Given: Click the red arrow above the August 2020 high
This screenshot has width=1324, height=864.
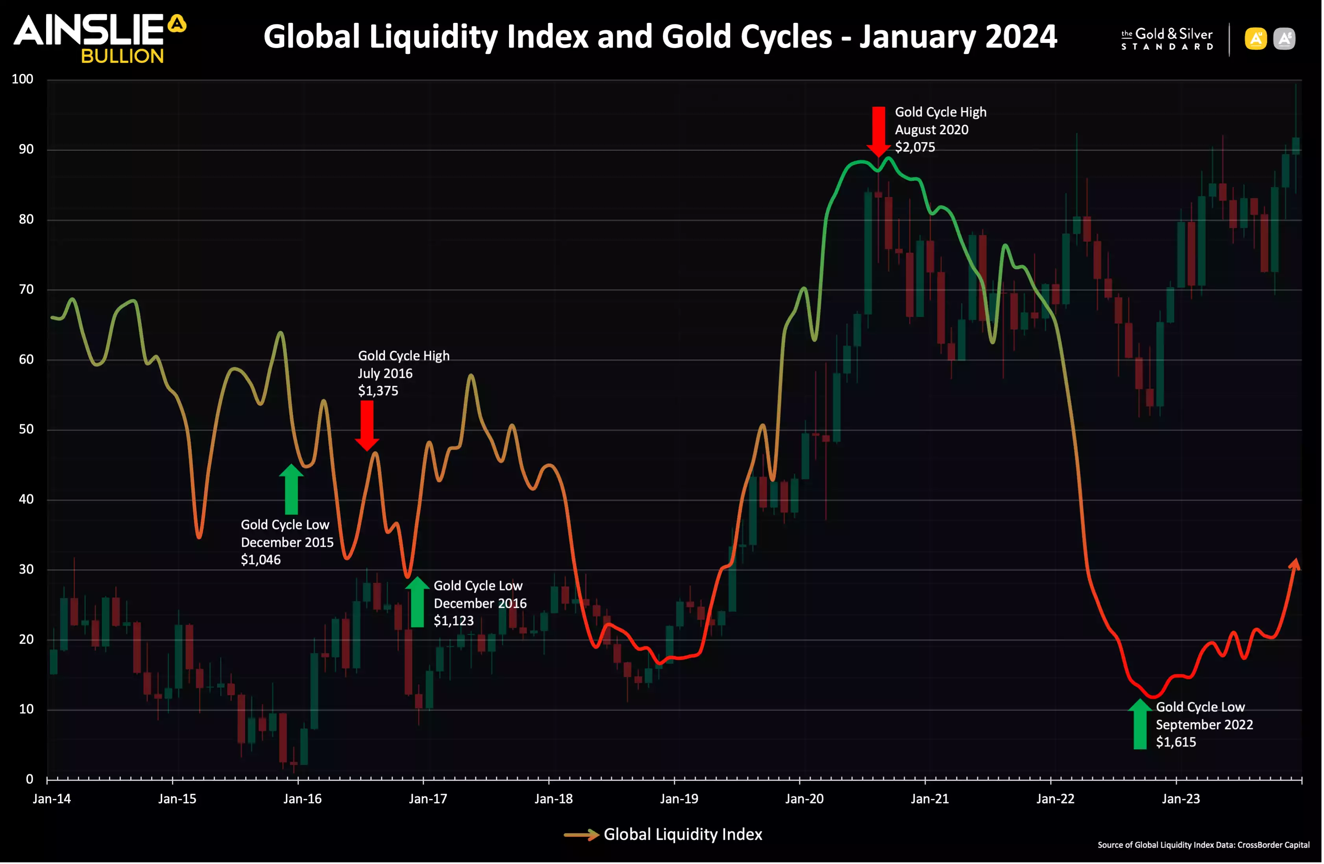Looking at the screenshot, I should pos(878,131).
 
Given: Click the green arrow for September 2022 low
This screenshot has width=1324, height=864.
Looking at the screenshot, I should pos(1140,724).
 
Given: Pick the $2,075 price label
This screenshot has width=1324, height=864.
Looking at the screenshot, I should pos(915,148).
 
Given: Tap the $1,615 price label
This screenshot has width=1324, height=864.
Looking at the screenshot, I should pos(1176,742).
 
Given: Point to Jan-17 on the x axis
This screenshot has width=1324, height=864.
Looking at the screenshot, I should pos(427,799).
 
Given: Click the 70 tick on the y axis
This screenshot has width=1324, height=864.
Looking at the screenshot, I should pos(26,289).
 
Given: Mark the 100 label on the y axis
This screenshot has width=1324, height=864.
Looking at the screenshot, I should pos(23,79).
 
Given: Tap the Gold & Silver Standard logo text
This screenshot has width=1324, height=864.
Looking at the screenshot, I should pos(1167,39).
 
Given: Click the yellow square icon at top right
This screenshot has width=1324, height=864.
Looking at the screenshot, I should pos(1256,39).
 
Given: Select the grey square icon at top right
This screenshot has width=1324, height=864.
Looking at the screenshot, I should pos(1284,39).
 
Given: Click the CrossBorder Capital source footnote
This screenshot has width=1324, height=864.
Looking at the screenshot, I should pos(1203,845).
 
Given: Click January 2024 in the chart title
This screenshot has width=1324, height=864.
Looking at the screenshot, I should pos(958,37).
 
